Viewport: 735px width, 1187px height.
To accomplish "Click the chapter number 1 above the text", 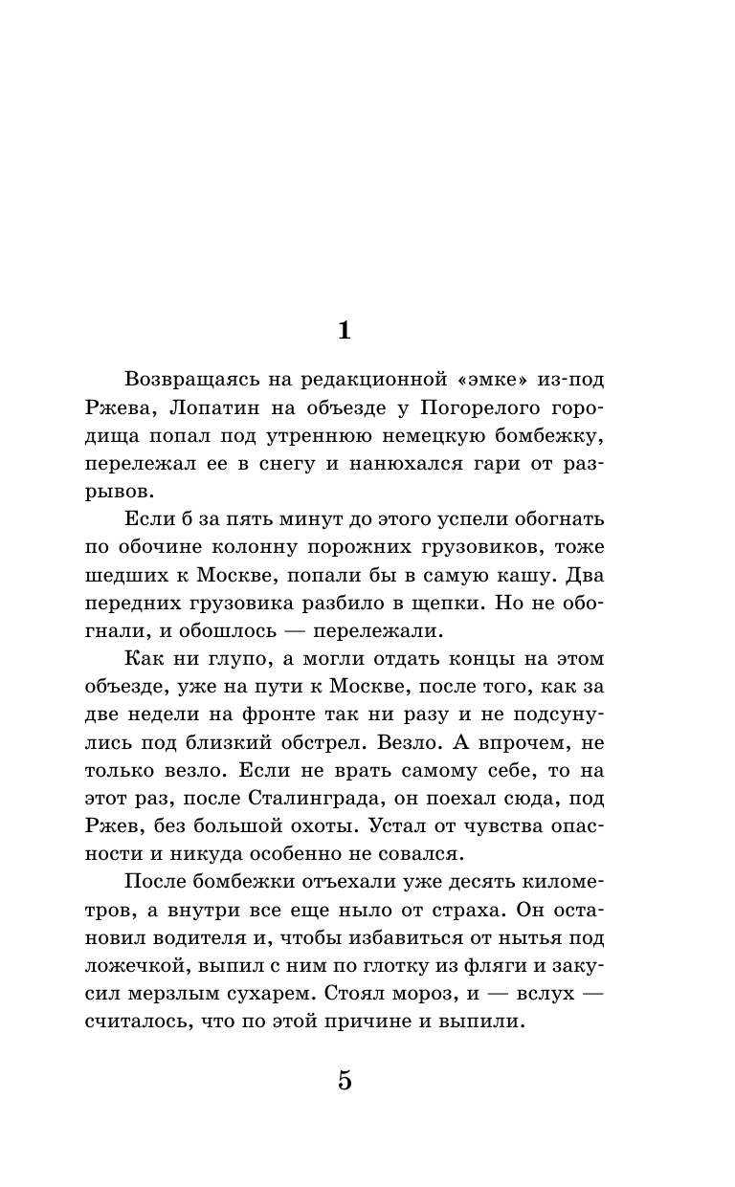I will pos(345,331).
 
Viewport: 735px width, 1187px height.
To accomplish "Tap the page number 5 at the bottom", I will pos(345,1082).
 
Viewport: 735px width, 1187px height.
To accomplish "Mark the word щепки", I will pos(471,604).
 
